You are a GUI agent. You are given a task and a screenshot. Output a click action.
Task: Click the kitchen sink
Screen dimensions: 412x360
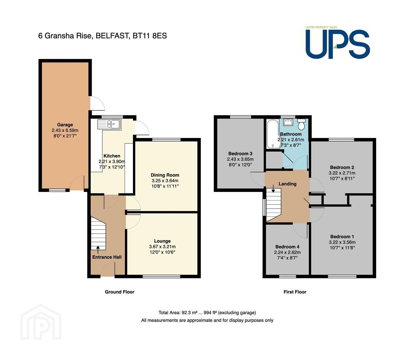pyautogui.click(x=109, y=124)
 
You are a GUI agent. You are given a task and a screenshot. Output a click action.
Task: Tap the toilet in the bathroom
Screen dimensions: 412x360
pyautogui.click(x=301, y=124)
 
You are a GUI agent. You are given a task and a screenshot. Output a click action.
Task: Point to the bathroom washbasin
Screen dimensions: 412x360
pyautogui.click(x=288, y=122)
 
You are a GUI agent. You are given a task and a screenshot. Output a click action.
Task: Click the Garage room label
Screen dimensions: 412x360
pyautogui.click(x=65, y=125)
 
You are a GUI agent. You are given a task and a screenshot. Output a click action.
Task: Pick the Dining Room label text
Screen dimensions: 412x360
pyautogui.click(x=165, y=175)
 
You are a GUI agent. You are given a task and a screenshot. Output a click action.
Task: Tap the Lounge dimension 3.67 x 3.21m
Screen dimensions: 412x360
pyautogui.click(x=162, y=247)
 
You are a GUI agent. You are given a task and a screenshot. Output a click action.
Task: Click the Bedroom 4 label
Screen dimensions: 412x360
pyautogui.click(x=287, y=247)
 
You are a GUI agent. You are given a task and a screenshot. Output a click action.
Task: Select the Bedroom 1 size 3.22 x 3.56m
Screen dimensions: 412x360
pyautogui.click(x=342, y=242)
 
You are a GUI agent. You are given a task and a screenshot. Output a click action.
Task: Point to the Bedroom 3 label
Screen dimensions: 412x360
pyautogui.click(x=240, y=154)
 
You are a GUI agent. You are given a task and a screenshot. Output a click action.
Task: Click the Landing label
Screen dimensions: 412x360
pyautogui.click(x=287, y=184)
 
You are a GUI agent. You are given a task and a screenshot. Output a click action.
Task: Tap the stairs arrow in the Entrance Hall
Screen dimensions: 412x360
pyautogui.click(x=98, y=250)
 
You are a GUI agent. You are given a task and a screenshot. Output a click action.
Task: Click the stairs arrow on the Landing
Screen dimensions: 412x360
pyautogui.click(x=273, y=188)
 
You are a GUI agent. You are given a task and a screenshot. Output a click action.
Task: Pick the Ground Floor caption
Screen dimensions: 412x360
pyautogui.click(x=120, y=292)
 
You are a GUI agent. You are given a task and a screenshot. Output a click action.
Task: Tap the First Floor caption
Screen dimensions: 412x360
pyautogui.click(x=295, y=292)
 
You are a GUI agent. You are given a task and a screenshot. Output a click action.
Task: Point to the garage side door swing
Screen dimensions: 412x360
pyautogui.click(x=97, y=103)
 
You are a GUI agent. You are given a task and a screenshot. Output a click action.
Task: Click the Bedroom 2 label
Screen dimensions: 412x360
pyautogui.click(x=342, y=167)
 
